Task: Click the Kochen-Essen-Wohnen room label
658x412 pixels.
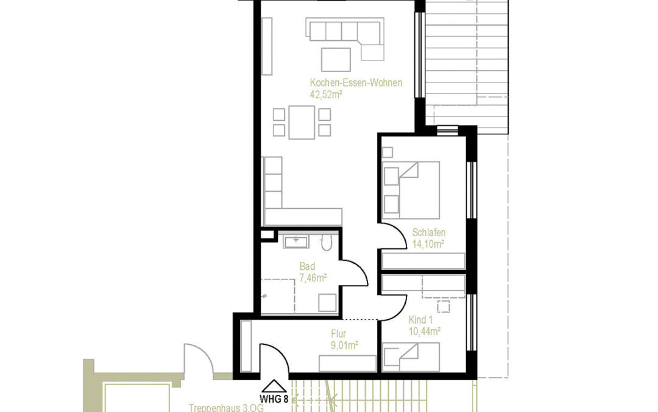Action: tap(355, 83)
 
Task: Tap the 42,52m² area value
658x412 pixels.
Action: tap(326, 95)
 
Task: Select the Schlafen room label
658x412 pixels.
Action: tap(428, 233)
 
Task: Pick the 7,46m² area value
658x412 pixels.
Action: tap(313, 278)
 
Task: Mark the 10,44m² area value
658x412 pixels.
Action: tap(425, 332)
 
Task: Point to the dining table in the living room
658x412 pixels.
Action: tap(302, 122)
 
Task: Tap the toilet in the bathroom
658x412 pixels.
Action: tap(326, 244)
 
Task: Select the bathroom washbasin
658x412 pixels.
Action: tap(296, 242)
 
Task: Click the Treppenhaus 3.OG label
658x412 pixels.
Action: tap(219, 407)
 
